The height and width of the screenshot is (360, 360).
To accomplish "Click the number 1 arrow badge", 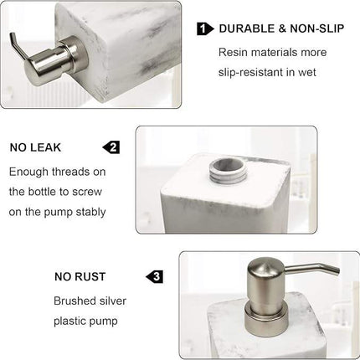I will pyautogui.click(x=204, y=29).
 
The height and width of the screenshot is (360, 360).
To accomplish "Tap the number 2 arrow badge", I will pyautogui.click(x=111, y=147).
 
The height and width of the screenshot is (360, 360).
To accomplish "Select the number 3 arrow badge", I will pyautogui.click(x=154, y=276).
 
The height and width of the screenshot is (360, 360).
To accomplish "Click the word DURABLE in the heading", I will pyautogui.click(x=244, y=29).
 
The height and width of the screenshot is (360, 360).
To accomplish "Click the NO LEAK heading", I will pyautogui.click(x=35, y=147).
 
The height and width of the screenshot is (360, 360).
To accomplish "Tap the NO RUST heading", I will pyautogui.click(x=80, y=276).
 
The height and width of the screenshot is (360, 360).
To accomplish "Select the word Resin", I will pyautogui.click(x=234, y=52).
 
